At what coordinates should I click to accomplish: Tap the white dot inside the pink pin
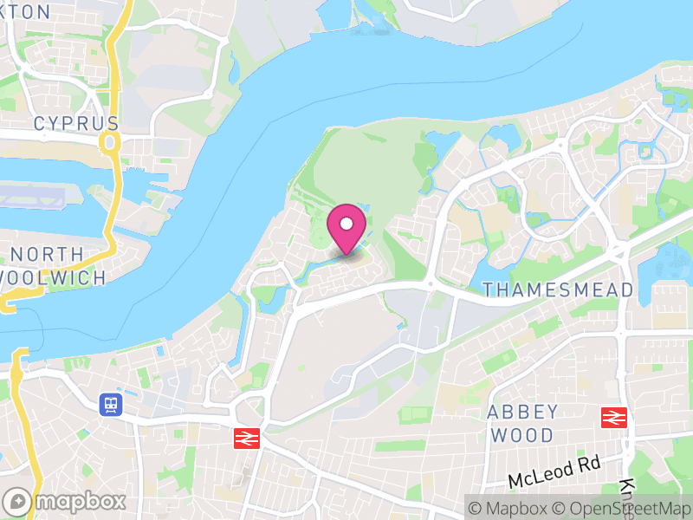(346, 224)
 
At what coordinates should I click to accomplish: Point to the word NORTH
(49, 255)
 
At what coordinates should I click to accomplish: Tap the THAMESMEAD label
(558, 289)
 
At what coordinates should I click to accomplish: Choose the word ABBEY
(522, 411)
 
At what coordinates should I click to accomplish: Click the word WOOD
(522, 434)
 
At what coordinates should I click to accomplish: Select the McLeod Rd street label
(554, 472)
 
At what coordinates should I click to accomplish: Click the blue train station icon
(110, 404)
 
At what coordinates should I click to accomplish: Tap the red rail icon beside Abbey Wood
(614, 417)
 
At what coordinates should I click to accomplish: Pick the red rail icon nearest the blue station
(247, 439)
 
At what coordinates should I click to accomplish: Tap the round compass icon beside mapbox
(17, 501)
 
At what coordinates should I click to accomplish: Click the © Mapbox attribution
(508, 508)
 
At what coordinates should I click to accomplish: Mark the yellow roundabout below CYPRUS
(109, 141)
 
